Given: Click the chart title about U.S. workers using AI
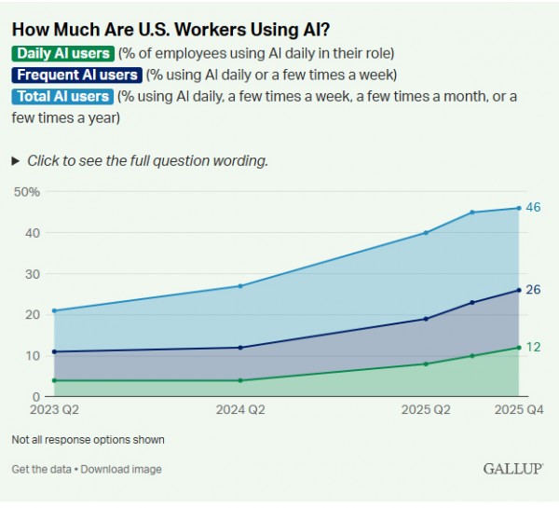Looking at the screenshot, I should point(170,28).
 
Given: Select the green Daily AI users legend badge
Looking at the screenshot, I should point(62,53).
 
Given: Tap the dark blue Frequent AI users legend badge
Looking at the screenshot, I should point(76,75).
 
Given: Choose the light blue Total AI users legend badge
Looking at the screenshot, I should point(62,96).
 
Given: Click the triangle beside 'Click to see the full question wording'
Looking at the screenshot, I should point(16,160).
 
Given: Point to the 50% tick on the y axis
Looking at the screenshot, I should point(26,192).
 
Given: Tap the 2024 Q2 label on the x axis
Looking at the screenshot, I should point(240,409).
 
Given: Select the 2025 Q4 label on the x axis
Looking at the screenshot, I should point(518,409).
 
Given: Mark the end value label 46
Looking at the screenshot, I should point(533,208).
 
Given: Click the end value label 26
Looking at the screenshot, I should point(533,290).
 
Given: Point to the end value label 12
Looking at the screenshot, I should point(533,347).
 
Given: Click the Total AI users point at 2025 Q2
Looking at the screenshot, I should point(426,233).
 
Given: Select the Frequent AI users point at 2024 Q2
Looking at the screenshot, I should point(240,348).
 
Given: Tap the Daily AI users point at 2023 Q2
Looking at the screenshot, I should point(54,380).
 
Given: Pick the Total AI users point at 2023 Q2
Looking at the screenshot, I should point(54,310).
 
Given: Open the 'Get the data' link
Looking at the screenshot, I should point(41,469).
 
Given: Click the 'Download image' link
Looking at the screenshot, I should point(121,469).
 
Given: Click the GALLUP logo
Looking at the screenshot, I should point(513,468).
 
